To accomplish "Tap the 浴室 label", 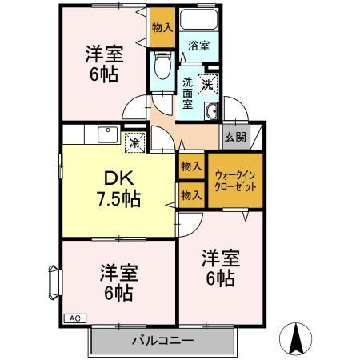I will tap(199, 46).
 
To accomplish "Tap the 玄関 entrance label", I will tap(235, 136).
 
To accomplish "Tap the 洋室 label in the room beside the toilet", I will tap(105, 56).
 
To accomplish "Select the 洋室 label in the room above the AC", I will tap(118, 273).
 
